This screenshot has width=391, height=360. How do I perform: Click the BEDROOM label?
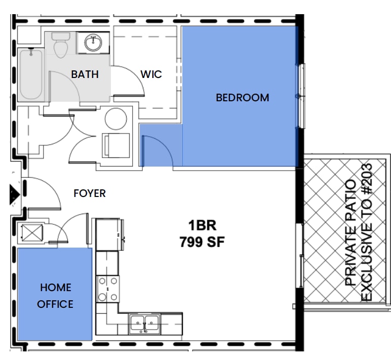tap(243, 98)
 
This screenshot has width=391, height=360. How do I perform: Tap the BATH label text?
tap(85, 74)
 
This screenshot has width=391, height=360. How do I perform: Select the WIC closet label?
tap(151, 74)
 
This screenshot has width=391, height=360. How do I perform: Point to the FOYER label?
tap(90, 193)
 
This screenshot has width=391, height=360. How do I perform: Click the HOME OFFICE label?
tap(55, 296)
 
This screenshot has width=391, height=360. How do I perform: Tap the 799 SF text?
tap(202, 242)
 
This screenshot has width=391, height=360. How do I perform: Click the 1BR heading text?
tap(202, 225)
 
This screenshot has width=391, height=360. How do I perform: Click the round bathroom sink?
tap(93, 43)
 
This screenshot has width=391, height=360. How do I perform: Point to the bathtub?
tap(31, 74)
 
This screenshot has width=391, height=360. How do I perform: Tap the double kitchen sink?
tap(144, 324)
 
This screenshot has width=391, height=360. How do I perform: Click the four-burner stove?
tap(108, 289)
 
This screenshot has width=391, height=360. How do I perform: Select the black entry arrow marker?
tap(15, 194)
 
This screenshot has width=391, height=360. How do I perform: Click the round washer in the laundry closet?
tap(115, 119)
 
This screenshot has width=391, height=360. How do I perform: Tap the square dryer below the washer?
tap(115, 146)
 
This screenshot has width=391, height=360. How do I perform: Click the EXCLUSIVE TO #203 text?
tap(366, 232)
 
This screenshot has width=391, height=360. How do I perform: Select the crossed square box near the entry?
tap(32, 233)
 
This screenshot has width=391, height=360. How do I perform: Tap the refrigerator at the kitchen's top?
tap(109, 234)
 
